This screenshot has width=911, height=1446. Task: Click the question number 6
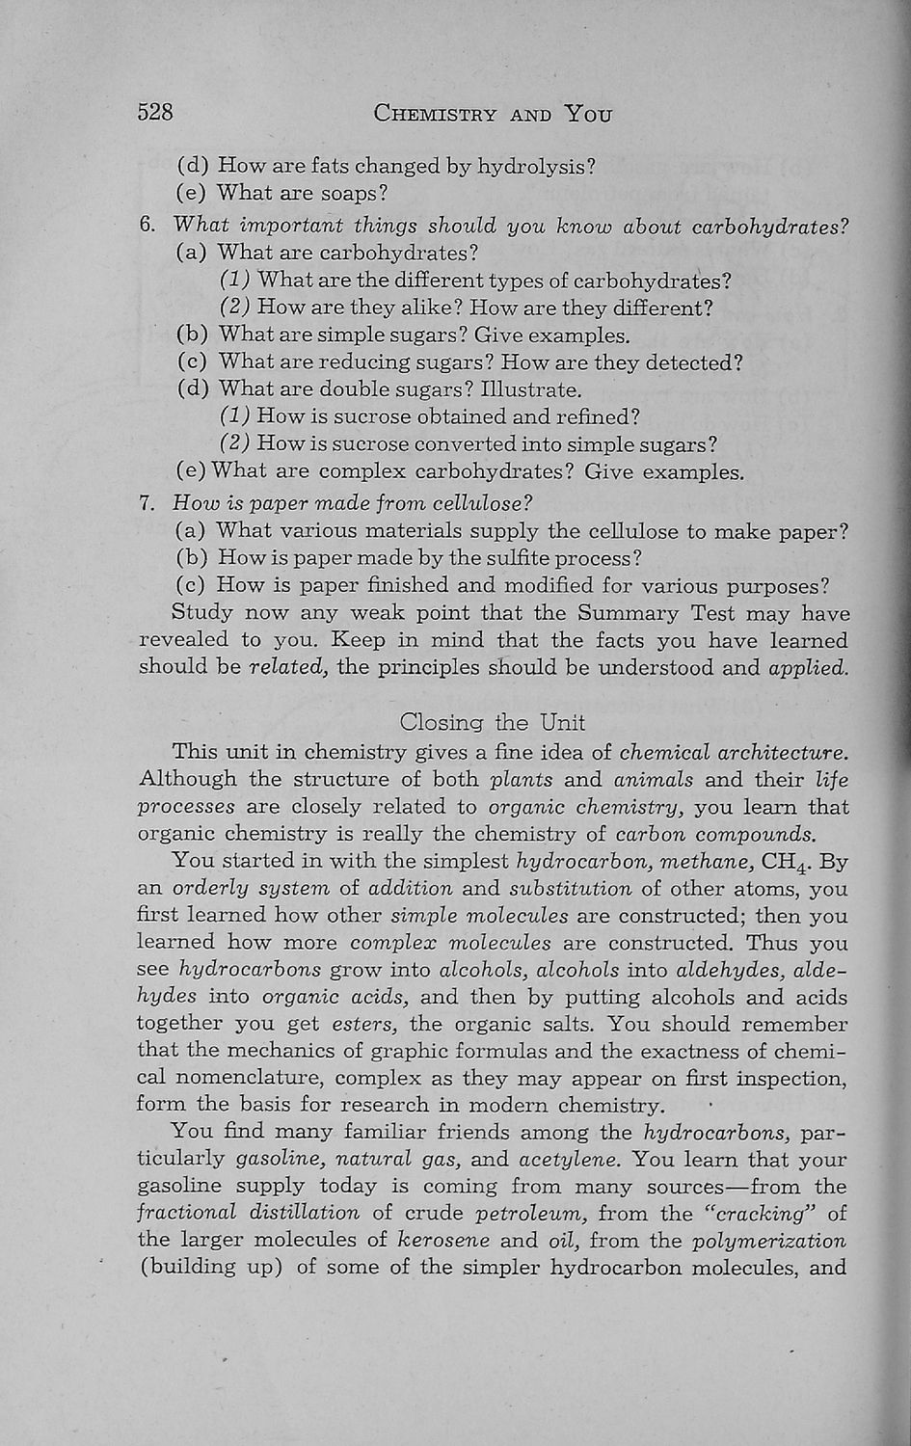click(x=147, y=227)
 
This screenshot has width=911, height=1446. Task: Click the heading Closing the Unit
click(x=492, y=722)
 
